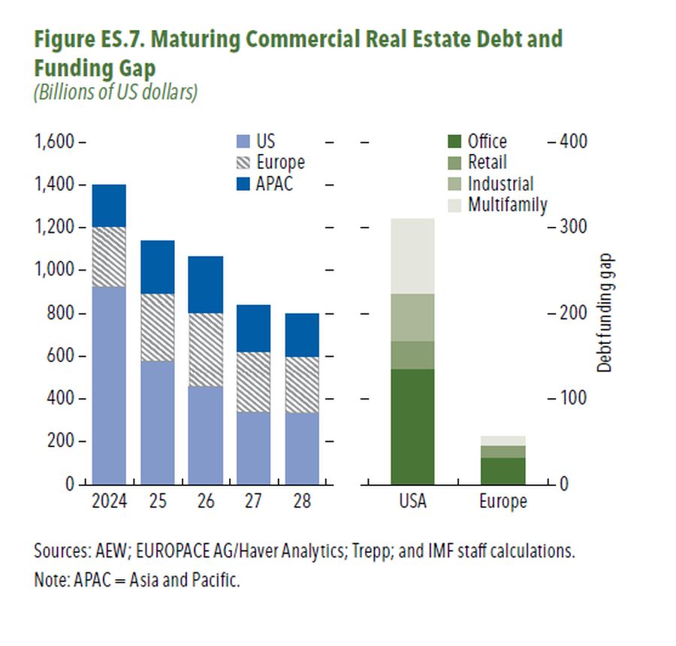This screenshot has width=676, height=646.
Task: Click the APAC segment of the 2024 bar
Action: (x=109, y=205)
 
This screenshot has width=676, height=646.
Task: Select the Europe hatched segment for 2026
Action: (x=205, y=349)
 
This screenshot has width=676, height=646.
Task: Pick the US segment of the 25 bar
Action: (x=158, y=422)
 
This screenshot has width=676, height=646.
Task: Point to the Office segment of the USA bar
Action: (x=412, y=426)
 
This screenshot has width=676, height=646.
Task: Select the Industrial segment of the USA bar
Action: (x=412, y=317)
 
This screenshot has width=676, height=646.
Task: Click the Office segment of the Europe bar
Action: (x=502, y=470)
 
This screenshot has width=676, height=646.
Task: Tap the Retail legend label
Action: (x=487, y=162)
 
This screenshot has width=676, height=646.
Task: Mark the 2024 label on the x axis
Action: (x=109, y=501)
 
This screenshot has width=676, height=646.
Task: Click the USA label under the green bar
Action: (x=412, y=501)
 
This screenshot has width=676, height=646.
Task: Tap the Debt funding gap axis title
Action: (x=605, y=314)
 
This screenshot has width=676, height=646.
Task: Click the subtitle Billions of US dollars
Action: (x=115, y=94)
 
